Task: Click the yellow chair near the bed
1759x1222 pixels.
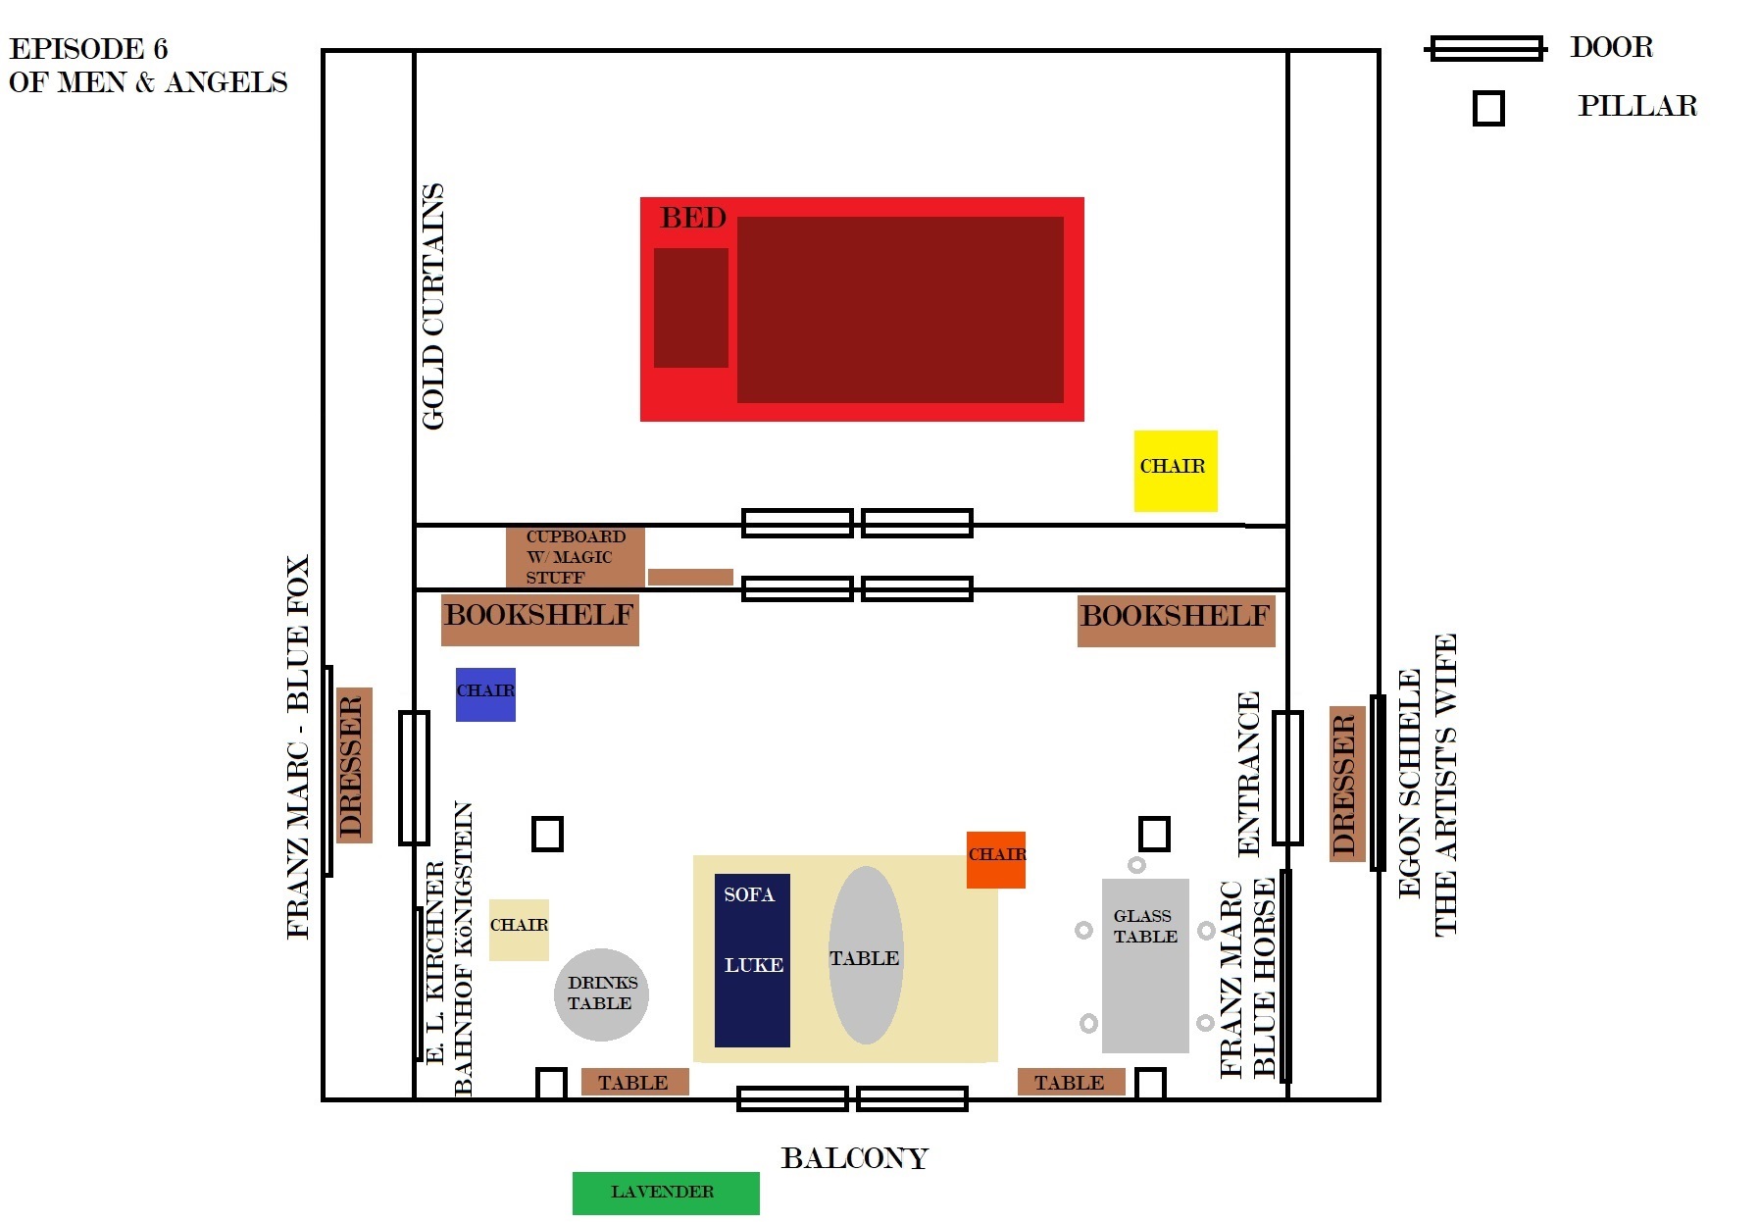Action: [x=1176, y=471]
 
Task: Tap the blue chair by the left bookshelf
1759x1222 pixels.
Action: [x=485, y=694]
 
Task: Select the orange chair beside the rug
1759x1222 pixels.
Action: [x=996, y=859]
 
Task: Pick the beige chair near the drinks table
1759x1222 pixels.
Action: [x=519, y=930]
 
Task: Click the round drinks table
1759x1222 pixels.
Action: [x=601, y=994]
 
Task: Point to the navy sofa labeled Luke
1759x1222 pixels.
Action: [x=752, y=960]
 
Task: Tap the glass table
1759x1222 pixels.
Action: [x=1145, y=965]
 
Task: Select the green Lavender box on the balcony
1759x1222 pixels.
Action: [x=666, y=1193]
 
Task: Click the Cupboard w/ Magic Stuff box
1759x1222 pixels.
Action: [x=576, y=556]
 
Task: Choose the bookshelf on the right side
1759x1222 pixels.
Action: [x=1176, y=620]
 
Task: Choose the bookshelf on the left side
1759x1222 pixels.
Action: [x=539, y=619]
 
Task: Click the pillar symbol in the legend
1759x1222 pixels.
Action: [x=1488, y=108]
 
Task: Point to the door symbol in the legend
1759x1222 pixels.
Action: [x=1485, y=48]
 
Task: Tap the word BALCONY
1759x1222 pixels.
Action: [x=854, y=1158]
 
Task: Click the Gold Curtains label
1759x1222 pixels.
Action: [x=432, y=306]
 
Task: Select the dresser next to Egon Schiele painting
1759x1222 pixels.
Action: [x=1347, y=784]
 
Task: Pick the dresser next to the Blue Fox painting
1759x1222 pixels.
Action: [x=354, y=765]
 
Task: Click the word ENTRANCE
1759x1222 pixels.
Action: [x=1247, y=774]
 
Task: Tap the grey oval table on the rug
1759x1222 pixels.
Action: [x=866, y=955]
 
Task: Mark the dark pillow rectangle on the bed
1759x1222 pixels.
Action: [x=691, y=308]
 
